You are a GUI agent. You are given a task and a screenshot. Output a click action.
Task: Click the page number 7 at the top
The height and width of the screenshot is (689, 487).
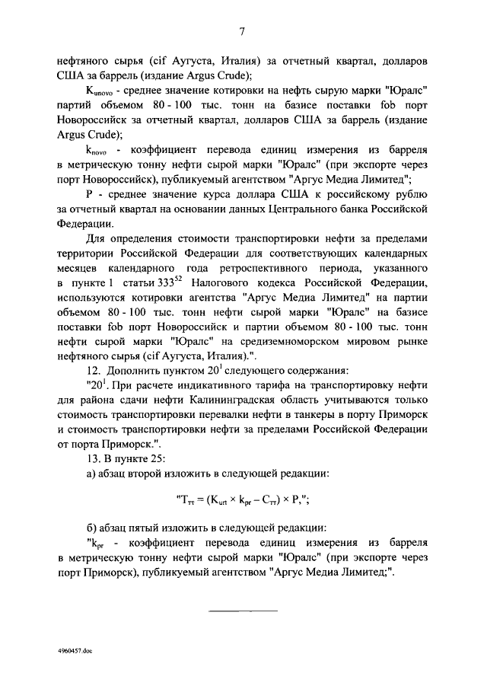pos(242,31)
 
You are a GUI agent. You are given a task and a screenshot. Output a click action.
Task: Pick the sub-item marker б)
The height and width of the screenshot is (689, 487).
pos(91,527)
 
